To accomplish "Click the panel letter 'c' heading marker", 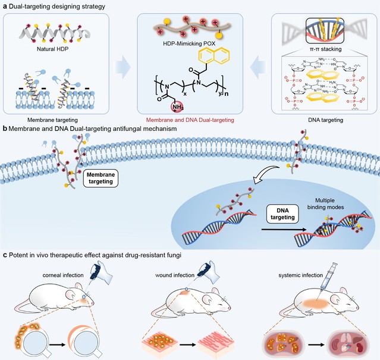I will tap(5, 255).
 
